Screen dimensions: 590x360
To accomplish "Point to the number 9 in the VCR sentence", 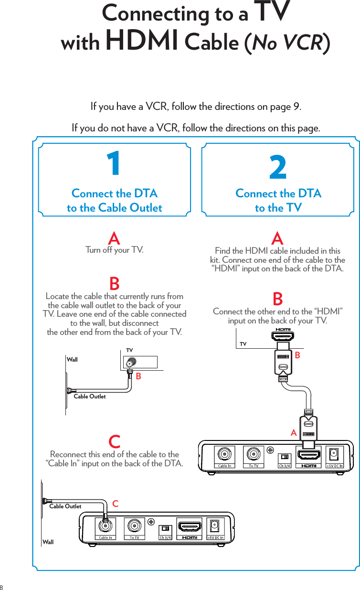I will (x=296, y=106).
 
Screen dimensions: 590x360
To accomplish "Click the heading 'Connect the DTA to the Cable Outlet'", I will (x=114, y=201).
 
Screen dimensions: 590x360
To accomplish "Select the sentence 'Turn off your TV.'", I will (x=114, y=250).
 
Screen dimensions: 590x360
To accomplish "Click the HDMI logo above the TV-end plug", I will (x=283, y=330).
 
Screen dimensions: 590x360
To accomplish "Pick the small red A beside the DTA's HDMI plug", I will (x=294, y=433).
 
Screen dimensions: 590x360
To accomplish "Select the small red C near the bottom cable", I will (x=115, y=504).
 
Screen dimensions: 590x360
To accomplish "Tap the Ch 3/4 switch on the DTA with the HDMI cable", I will (x=285, y=457).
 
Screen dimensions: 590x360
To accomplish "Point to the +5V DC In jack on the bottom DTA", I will (x=215, y=526).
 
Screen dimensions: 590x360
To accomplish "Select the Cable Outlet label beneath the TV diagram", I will (x=90, y=397).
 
